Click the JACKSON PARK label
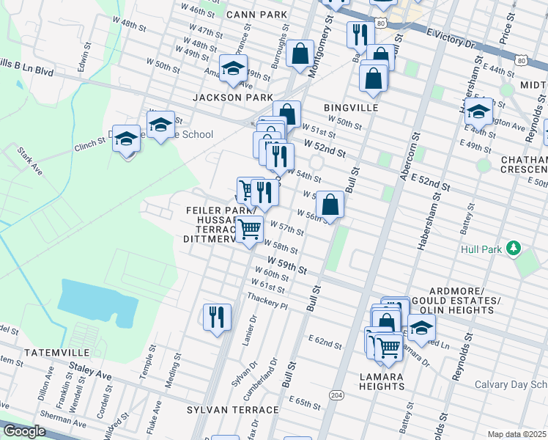tap(233, 97)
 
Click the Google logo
tap(23, 431)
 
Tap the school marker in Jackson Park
tap(234, 69)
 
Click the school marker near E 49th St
tap(478, 112)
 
